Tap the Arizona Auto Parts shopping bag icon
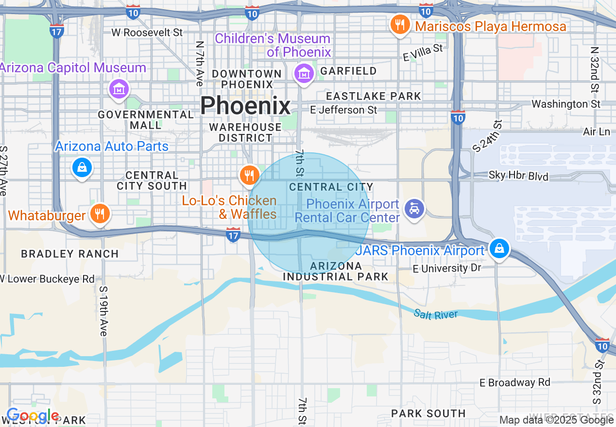(x=82, y=167)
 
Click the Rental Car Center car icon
(x=413, y=209)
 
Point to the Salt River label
(x=436, y=314)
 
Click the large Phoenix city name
(x=245, y=105)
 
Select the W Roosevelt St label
(x=147, y=33)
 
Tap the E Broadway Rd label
(x=514, y=382)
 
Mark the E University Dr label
(x=447, y=268)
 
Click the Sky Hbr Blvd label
(x=518, y=176)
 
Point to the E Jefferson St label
(x=343, y=110)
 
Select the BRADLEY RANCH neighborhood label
(x=70, y=254)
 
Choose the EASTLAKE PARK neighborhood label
(x=374, y=96)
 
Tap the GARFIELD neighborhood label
(x=348, y=71)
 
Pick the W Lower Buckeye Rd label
(x=48, y=279)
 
